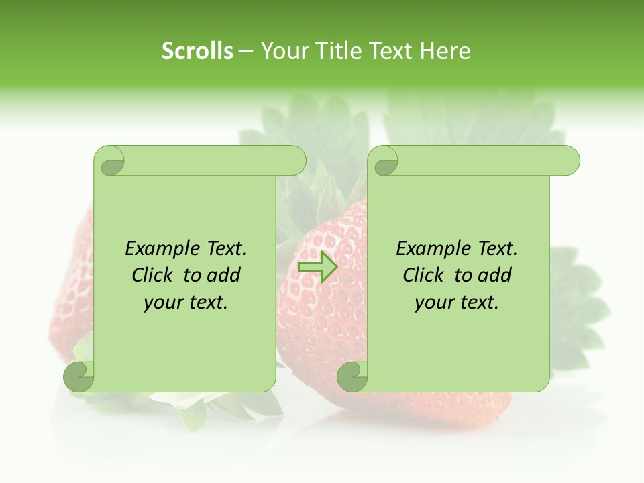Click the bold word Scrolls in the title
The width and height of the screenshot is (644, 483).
point(198,51)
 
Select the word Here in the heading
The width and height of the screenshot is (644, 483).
point(445,51)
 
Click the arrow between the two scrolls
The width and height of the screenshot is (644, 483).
point(318,266)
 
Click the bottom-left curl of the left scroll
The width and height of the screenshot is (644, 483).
point(79,376)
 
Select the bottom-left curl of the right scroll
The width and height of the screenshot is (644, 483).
point(352,376)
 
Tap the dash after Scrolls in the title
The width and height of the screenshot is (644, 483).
point(246,51)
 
